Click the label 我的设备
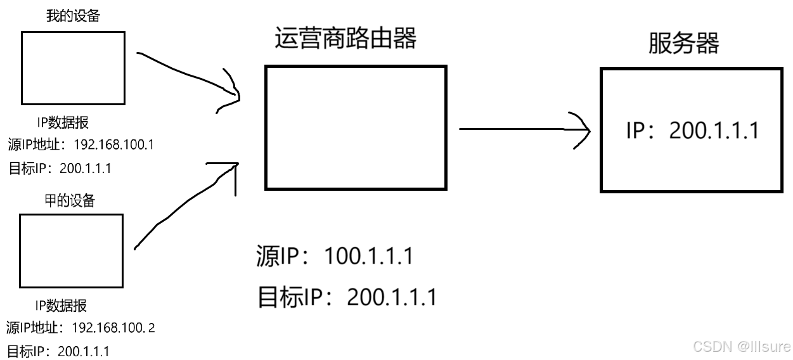pos(73,16)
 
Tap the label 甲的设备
pos(72,201)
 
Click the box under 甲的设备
pos(71,250)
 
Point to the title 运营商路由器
pos(345,39)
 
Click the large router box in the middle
pos(356,127)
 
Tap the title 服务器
pos(683,44)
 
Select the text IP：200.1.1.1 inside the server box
pos(692,131)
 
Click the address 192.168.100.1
pos(114,145)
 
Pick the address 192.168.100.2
pos(114,328)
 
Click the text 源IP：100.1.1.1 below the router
pos(335,257)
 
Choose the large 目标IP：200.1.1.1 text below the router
pos(347,297)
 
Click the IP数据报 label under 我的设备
pos(62,123)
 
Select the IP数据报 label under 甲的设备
pos(61,305)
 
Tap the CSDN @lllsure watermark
pos(742,346)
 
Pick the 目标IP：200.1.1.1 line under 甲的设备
pos(58,351)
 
